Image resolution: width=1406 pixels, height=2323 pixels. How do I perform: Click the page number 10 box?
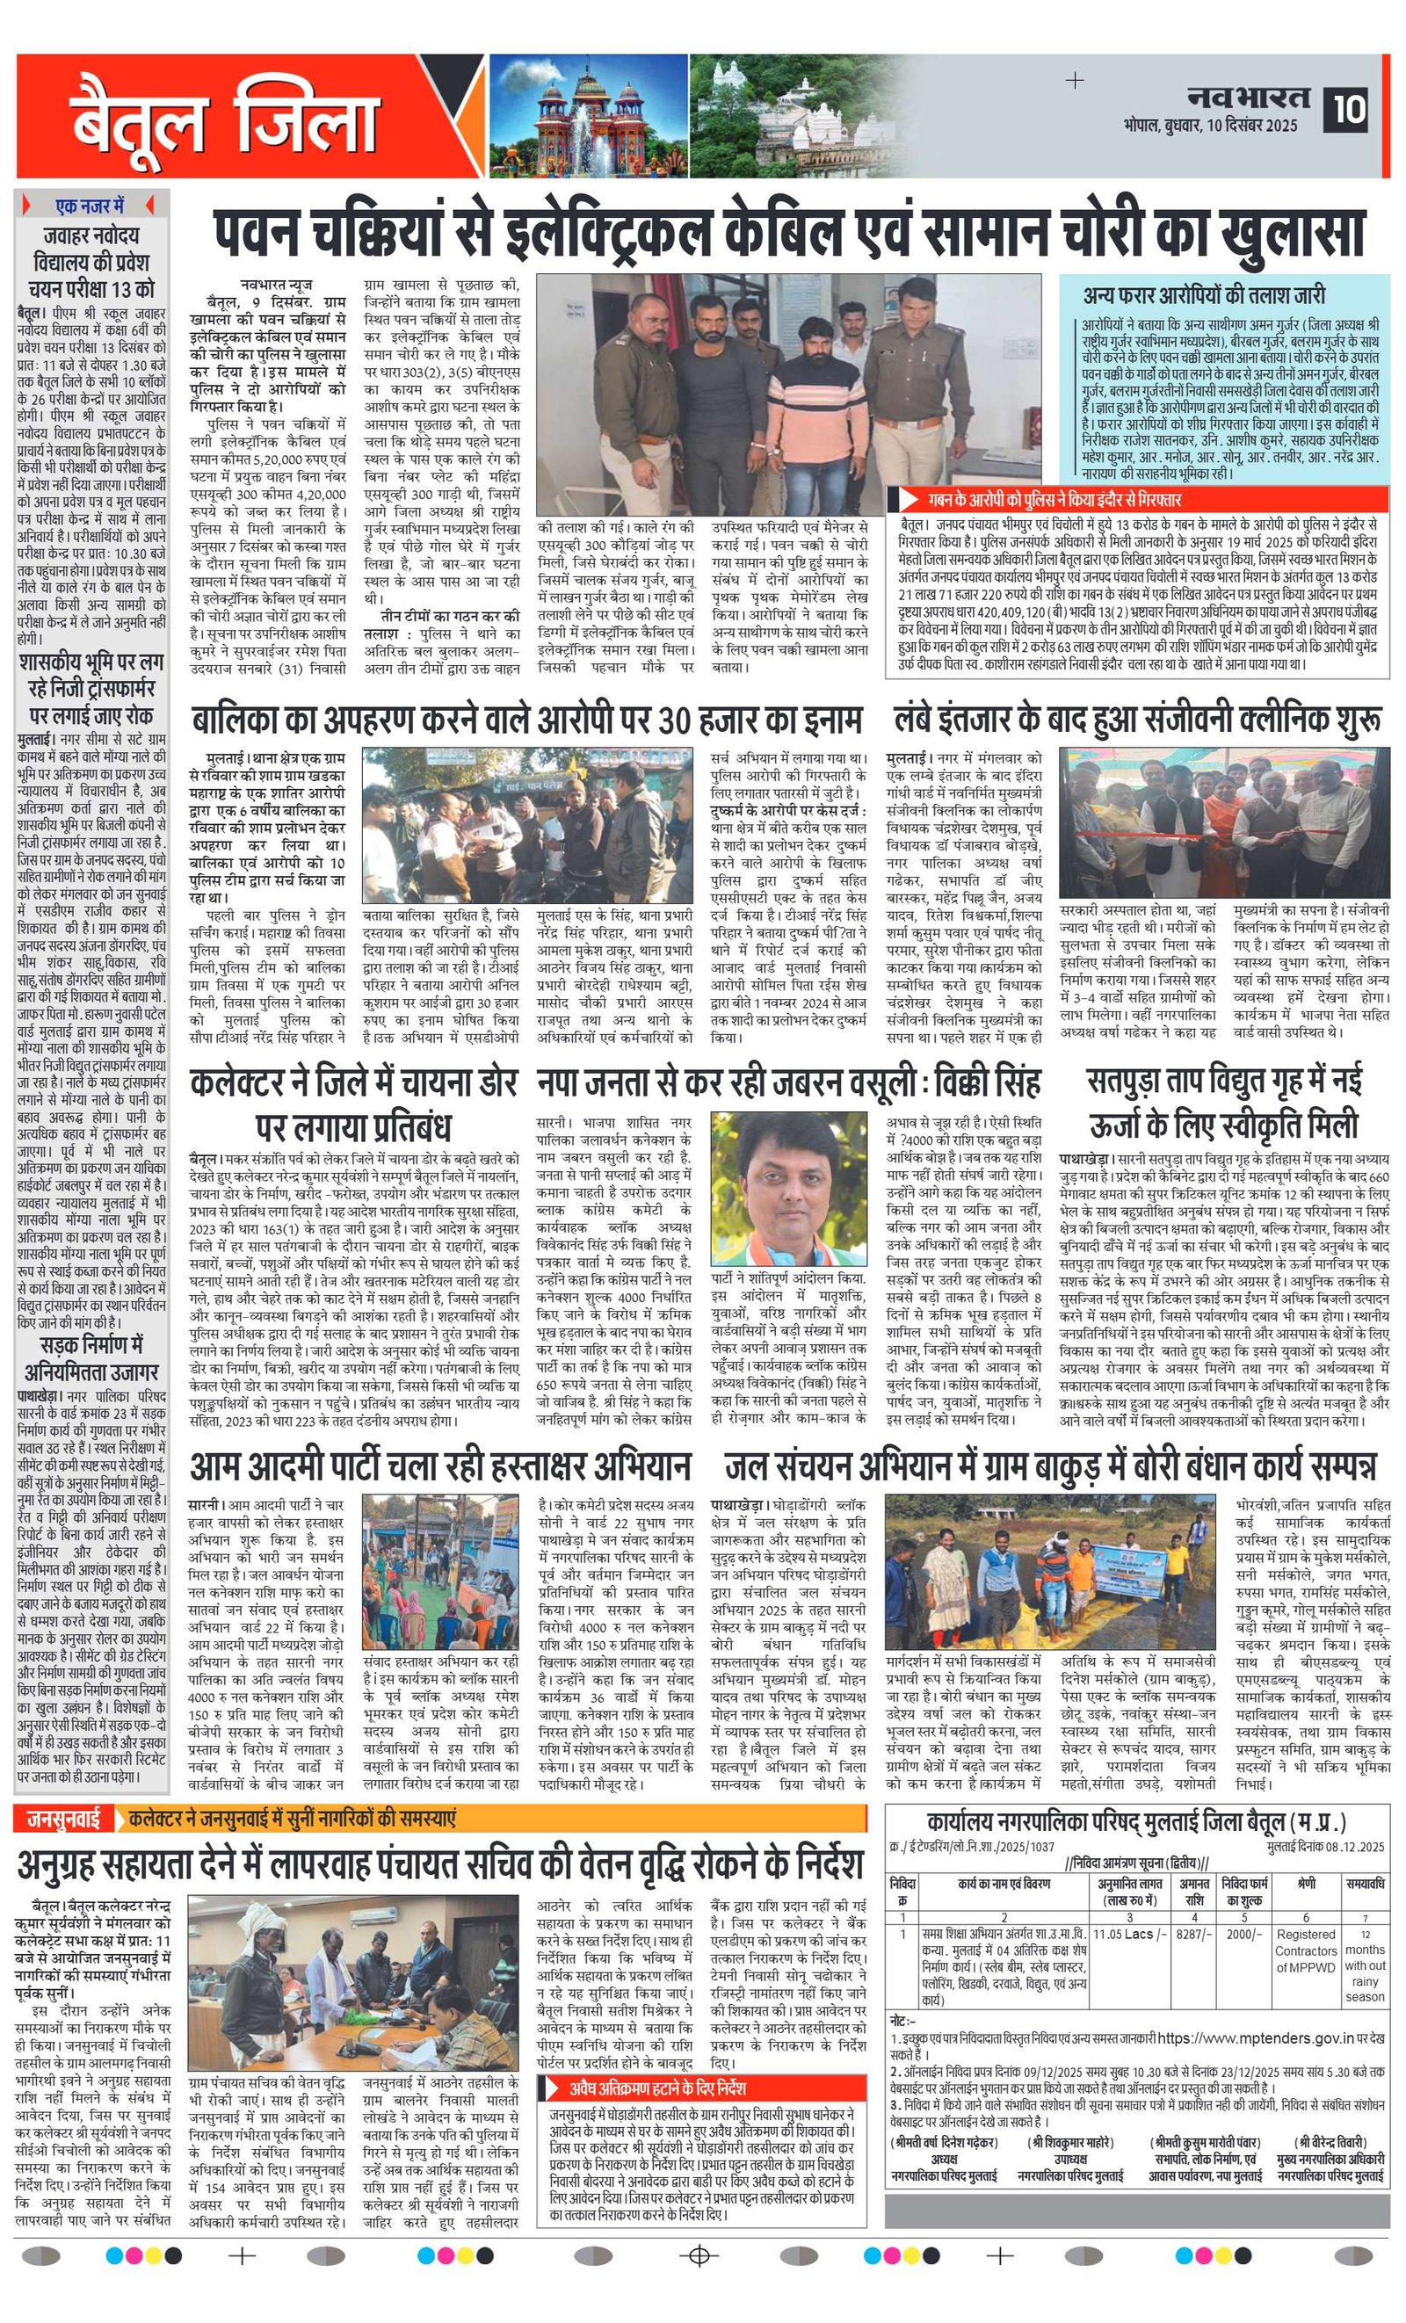pos(1349,108)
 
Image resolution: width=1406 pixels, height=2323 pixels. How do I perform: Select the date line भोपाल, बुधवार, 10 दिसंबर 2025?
pos(1210,126)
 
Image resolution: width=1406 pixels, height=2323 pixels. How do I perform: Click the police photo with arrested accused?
pos(788,394)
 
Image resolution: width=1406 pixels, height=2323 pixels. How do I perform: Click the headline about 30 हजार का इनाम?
pos(526,721)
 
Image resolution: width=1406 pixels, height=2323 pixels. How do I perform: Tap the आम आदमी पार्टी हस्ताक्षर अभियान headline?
pos(439,1466)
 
